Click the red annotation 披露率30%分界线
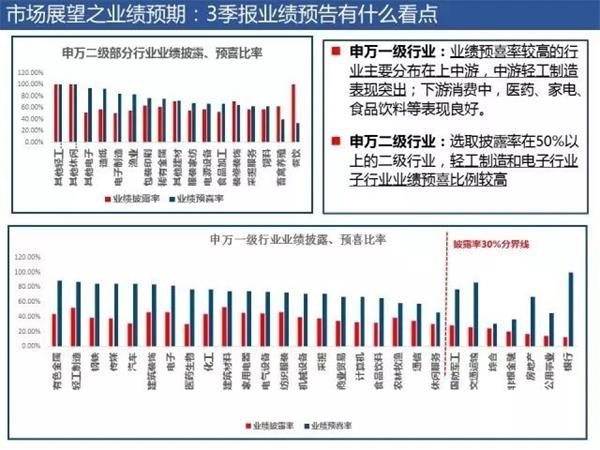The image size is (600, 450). pyautogui.click(x=490, y=243)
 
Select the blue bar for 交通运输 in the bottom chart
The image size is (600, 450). pyautogui.click(x=475, y=314)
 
